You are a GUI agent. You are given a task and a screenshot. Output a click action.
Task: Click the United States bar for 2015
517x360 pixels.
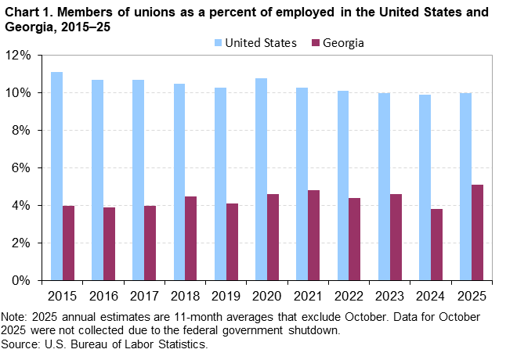tap(56, 176)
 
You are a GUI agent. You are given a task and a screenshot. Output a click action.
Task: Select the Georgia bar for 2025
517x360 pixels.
tap(477, 232)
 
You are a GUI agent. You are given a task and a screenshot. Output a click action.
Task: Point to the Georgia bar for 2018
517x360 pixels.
tap(190, 238)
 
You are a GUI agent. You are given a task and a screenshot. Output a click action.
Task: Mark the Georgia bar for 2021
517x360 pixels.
tap(313, 235)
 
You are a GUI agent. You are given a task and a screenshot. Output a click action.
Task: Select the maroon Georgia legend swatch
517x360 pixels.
tap(316, 43)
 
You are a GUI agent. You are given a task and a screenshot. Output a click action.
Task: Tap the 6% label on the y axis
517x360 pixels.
tap(21, 167)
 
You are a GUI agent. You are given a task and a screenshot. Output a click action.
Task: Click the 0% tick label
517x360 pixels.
tap(21, 280)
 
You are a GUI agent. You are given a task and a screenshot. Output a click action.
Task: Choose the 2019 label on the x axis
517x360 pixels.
tap(226, 296)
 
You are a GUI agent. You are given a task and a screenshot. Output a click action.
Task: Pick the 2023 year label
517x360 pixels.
tap(389, 296)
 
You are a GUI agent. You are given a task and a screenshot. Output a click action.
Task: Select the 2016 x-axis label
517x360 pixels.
tap(103, 296)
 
